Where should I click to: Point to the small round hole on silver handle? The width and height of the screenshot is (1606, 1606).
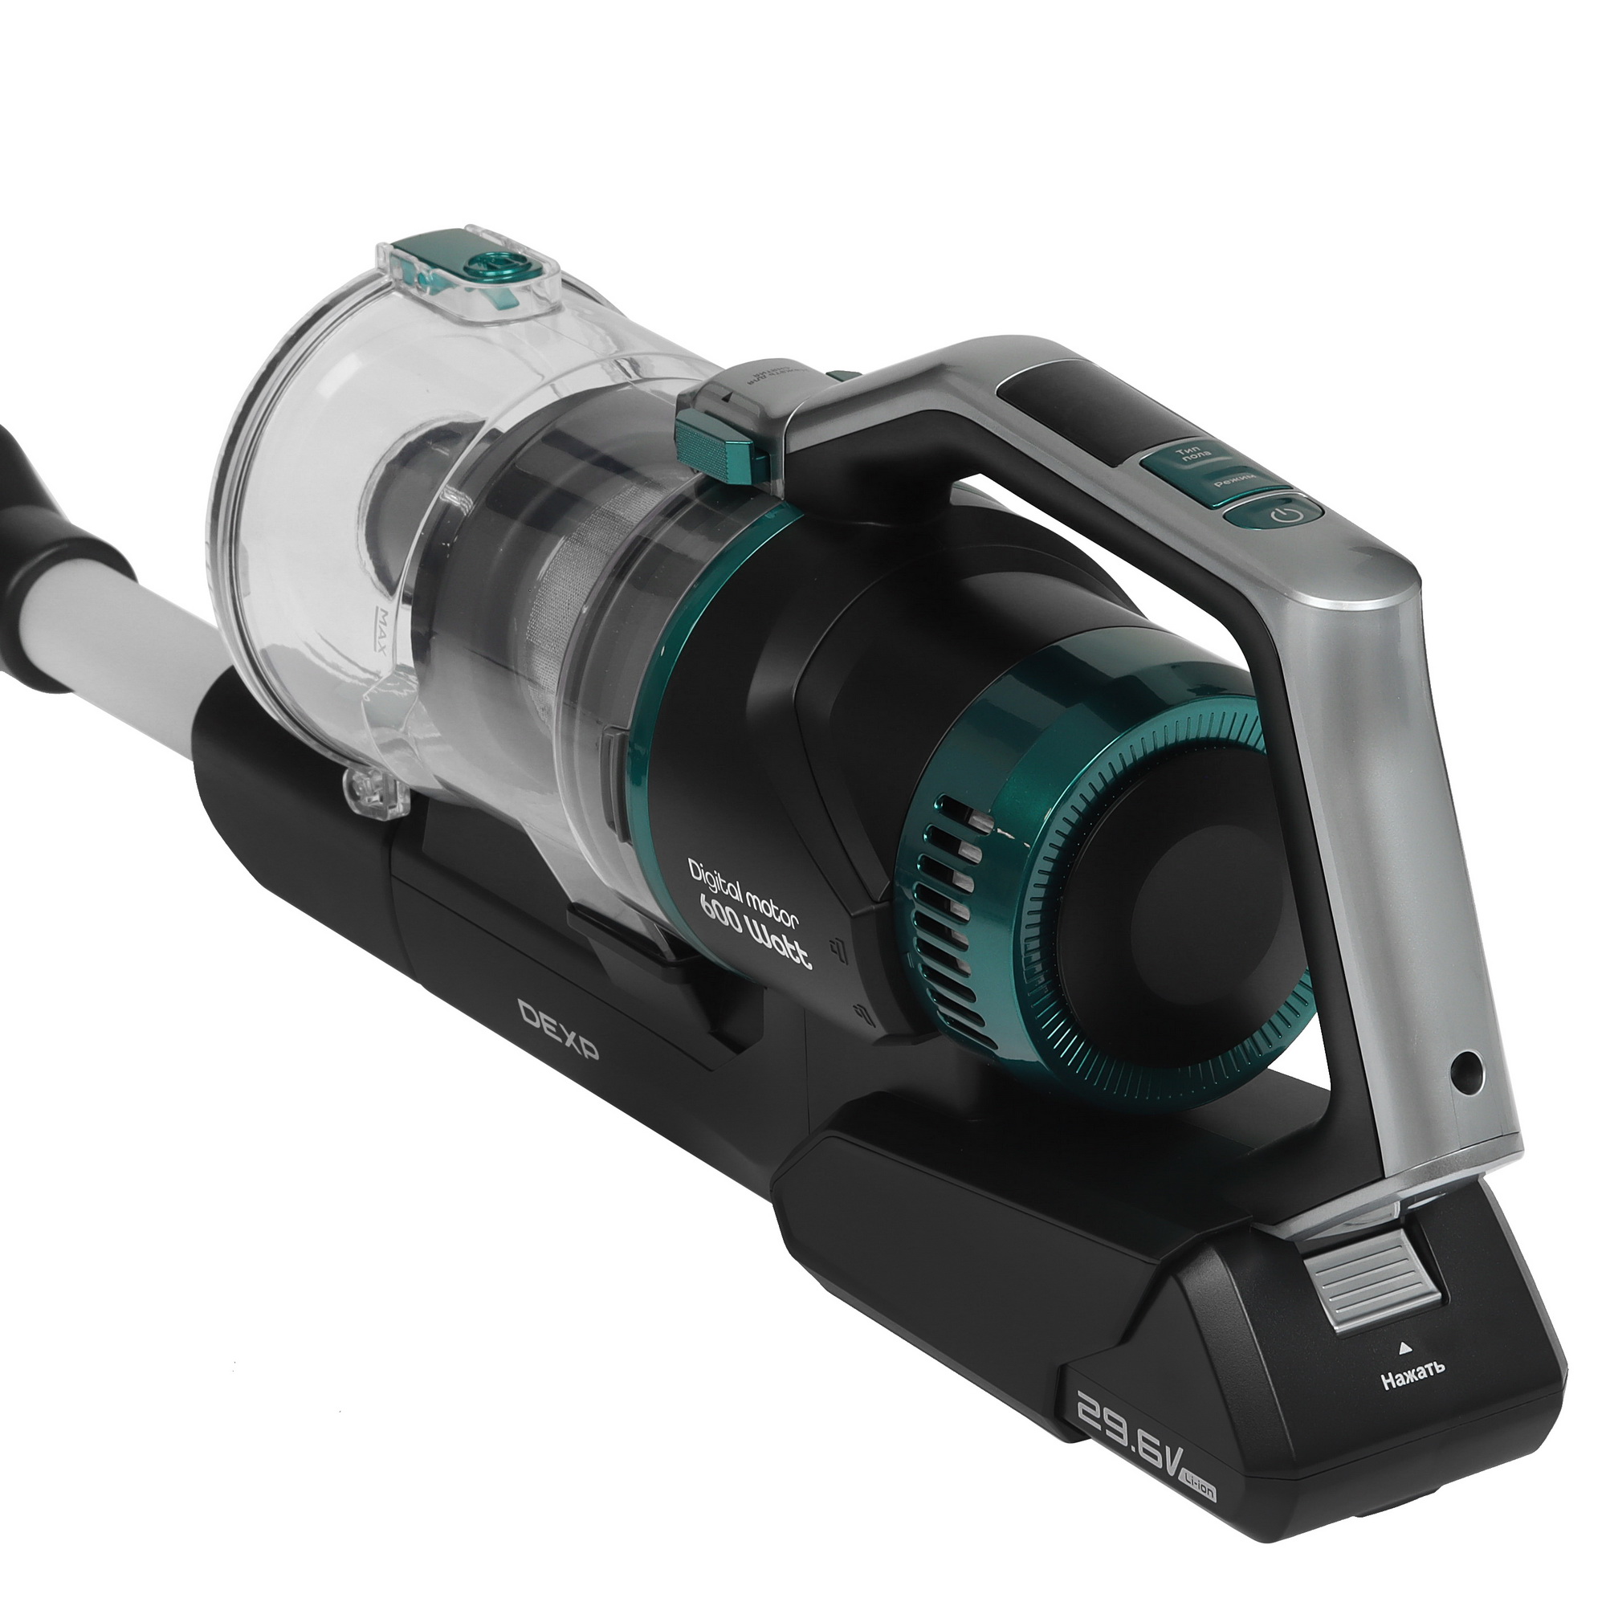[x=1466, y=1062]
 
